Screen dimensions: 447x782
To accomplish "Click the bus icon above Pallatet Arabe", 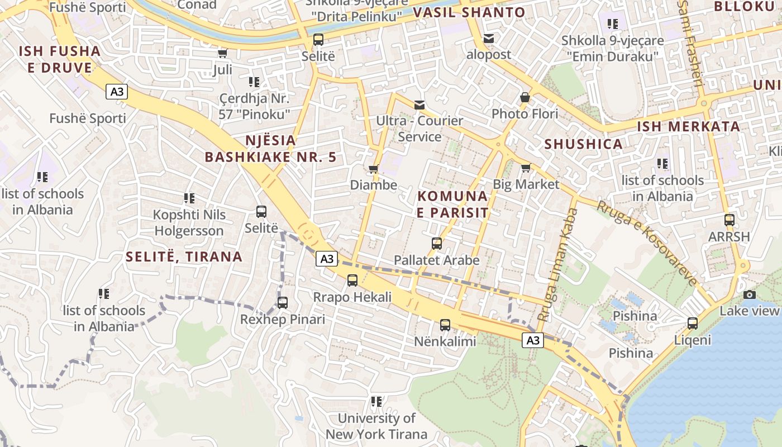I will (437, 244).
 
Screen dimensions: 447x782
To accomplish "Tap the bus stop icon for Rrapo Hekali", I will (352, 280).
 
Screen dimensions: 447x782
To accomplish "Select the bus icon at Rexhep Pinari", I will (283, 303).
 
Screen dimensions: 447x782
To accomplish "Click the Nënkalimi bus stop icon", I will (445, 325).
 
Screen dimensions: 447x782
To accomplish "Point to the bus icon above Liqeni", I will (693, 323).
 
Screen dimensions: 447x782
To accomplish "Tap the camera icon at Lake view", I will (750, 294).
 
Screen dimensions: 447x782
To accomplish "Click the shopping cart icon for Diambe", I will (374, 169).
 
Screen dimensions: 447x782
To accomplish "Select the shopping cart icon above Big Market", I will (526, 168).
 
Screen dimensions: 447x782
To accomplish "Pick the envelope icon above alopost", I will (489, 38).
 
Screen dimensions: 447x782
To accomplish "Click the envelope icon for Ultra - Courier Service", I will (419, 104).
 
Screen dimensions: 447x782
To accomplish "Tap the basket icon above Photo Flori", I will (525, 97).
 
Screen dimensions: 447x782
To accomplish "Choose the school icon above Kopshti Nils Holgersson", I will (189, 198).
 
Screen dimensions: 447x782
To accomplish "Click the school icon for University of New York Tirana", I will (376, 402).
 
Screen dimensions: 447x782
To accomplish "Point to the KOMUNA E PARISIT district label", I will (452, 205).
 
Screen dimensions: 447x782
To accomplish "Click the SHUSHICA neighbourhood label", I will (583, 144).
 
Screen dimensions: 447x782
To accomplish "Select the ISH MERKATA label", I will (689, 126).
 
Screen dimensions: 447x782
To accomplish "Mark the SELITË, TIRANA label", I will (184, 257).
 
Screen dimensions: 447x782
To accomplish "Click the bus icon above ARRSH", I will (729, 220).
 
